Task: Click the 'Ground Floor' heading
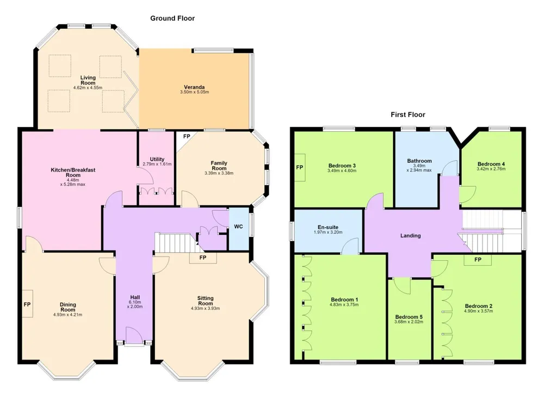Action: coord(172,19)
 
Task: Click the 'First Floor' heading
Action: coord(407,114)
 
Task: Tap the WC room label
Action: coord(238,227)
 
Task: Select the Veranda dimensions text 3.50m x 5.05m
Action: coord(194,92)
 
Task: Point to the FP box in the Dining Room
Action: coord(28,304)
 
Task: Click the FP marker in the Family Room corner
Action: coord(187,137)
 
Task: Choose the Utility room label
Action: coord(157,159)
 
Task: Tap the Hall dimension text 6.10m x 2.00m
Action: coord(135,304)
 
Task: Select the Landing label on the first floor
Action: coord(410,235)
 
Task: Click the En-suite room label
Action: coord(328,227)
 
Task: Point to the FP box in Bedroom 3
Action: coord(300,167)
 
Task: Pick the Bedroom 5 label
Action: coord(409,317)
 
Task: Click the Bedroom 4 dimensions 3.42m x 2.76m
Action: coord(491,169)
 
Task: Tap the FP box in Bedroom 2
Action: coord(478,260)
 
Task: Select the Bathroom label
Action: coord(419,161)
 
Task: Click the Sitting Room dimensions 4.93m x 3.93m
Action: coord(206,308)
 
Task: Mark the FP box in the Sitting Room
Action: coord(203,258)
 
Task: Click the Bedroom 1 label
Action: coord(344,300)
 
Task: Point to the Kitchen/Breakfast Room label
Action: coord(73,172)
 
